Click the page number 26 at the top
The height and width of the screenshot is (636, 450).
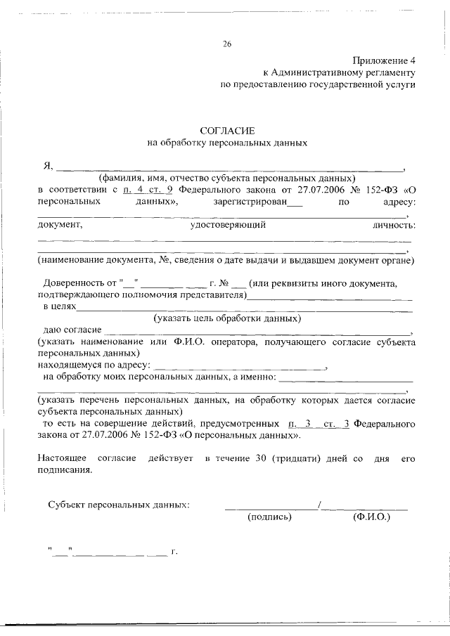click(227, 44)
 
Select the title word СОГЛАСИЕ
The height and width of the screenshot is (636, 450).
click(227, 131)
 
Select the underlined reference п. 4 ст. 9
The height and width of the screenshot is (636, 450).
click(148, 190)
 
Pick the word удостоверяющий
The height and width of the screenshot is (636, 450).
click(228, 226)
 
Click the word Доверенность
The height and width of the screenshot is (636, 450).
click(75, 284)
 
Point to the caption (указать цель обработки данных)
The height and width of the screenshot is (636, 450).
click(228, 318)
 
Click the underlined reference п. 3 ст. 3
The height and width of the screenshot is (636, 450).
click(319, 424)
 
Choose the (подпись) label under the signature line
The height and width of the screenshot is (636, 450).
click(269, 517)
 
